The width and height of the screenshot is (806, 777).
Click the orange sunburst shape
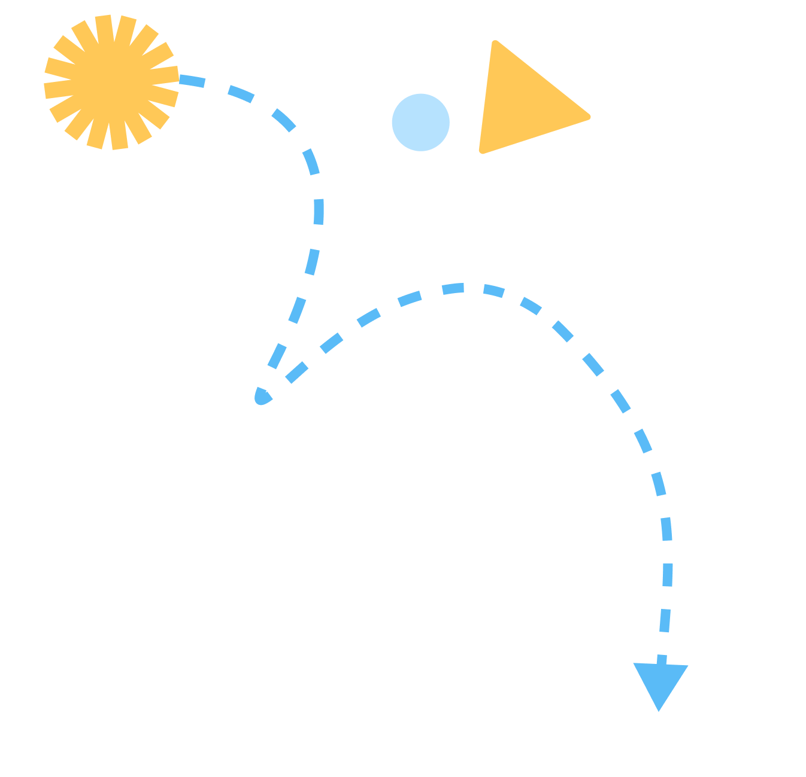(x=112, y=82)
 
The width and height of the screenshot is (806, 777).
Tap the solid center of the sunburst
(x=112, y=82)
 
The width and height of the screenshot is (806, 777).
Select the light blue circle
(x=420, y=122)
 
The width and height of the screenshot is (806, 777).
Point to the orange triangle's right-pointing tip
(x=589, y=117)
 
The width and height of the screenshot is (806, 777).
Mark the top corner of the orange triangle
(x=495, y=42)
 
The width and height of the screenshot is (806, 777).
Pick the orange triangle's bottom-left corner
(x=481, y=151)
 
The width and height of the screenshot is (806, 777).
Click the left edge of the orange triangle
(x=487, y=96)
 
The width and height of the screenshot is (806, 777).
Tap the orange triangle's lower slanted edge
(x=535, y=135)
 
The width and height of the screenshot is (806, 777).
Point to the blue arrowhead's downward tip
(x=658, y=710)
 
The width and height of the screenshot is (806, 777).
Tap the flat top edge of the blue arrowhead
(x=661, y=665)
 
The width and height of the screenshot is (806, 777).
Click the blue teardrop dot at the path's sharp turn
(x=262, y=397)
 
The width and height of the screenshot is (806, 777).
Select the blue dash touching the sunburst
(x=192, y=80)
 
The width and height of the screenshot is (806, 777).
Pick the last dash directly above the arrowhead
(x=662, y=659)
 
